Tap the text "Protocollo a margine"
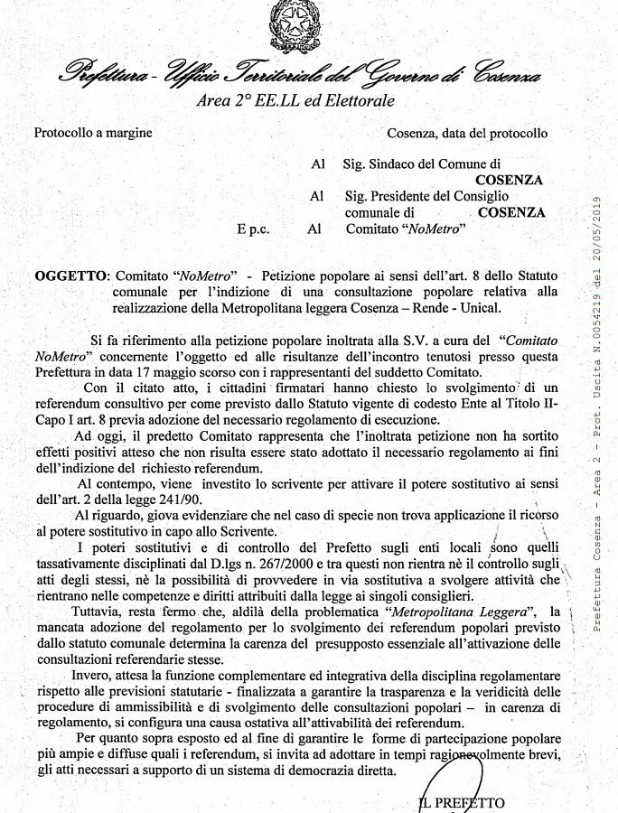click(x=93, y=133)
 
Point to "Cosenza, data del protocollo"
click(x=467, y=134)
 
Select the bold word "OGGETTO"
click(x=70, y=275)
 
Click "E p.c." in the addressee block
click(x=254, y=229)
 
